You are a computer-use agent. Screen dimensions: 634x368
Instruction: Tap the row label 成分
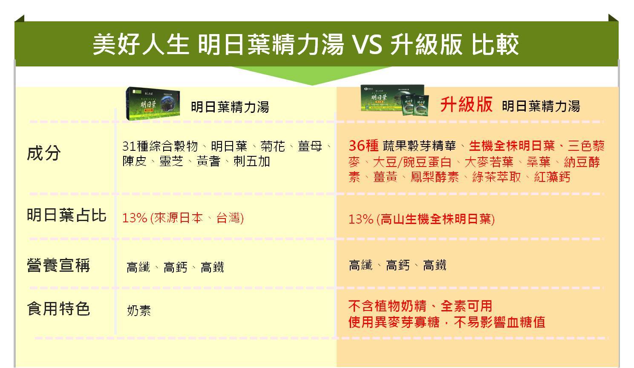point(44,153)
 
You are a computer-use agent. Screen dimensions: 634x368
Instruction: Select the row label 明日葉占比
point(67,215)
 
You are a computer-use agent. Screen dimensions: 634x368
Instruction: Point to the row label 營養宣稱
point(59,265)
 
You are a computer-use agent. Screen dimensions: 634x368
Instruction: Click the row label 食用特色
point(59,309)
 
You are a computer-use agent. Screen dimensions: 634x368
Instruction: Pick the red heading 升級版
point(467,104)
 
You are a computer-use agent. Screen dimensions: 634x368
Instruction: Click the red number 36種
point(364,146)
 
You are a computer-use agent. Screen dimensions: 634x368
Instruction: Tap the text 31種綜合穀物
point(160,146)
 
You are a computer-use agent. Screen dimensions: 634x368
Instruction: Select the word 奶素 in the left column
point(139,310)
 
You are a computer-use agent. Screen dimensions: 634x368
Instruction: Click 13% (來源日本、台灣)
point(183,218)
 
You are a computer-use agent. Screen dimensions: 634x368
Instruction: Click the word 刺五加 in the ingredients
point(252,161)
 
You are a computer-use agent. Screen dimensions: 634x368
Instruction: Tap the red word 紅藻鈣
point(552,177)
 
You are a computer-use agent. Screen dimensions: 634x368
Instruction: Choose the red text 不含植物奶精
point(387,306)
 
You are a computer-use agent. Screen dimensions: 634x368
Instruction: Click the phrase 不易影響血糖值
point(499,322)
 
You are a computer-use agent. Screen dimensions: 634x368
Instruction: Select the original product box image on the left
point(153,103)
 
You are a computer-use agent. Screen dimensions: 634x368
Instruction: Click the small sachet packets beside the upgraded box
point(415,104)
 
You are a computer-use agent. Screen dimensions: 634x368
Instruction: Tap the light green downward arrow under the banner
point(311,75)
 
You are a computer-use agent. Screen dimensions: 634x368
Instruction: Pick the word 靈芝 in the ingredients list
point(171,161)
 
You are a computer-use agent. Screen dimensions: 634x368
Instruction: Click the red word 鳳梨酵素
point(435,177)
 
